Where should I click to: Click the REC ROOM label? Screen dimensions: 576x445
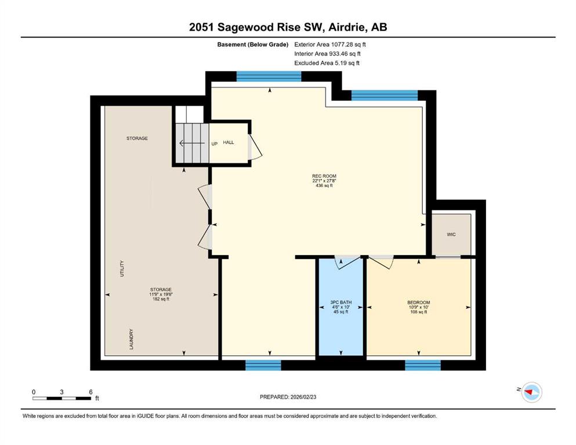tap(324, 176)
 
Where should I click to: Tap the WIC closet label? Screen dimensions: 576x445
tap(451, 235)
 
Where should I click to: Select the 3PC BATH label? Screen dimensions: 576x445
tap(341, 302)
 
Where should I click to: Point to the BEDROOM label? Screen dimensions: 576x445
tap(418, 302)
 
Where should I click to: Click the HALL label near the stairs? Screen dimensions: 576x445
tap(228, 143)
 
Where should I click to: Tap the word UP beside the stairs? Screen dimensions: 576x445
tap(215, 144)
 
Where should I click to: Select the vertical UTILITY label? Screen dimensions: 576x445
tap(122, 268)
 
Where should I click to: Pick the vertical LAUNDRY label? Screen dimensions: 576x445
tap(131, 339)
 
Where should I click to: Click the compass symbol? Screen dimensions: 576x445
tap(531, 392)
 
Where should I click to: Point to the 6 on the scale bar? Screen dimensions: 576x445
tap(90, 392)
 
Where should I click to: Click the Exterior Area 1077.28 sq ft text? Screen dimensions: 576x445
tap(330, 45)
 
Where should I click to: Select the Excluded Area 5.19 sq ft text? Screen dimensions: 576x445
tap(327, 63)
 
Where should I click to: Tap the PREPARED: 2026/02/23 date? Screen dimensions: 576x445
tap(288, 397)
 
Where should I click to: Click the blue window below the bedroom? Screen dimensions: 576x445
tap(423, 365)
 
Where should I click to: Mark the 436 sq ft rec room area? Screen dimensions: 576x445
tap(324, 185)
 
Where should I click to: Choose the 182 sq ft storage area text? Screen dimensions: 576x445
tap(161, 299)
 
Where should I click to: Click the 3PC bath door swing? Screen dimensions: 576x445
tap(347, 263)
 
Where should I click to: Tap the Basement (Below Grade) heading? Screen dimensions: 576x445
tap(253, 45)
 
